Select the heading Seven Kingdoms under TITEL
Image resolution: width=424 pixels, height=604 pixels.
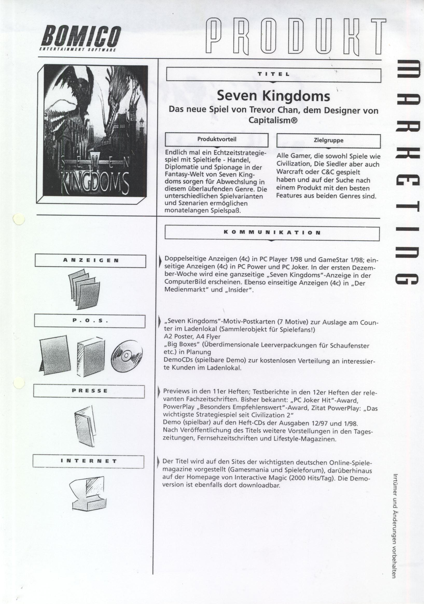pos(273,96)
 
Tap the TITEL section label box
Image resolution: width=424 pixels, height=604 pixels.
pos(273,74)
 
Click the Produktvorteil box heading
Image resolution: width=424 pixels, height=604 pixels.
pos(217,140)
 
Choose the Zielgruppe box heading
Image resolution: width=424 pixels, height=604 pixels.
pos(328,141)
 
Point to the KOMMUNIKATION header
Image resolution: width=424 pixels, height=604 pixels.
pos(272,233)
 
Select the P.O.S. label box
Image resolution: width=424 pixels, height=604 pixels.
pos(90,321)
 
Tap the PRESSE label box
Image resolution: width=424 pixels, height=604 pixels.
pos(89,391)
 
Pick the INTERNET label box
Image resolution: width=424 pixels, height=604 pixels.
pos(88,461)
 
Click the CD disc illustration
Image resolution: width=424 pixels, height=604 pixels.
pos(127,356)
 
